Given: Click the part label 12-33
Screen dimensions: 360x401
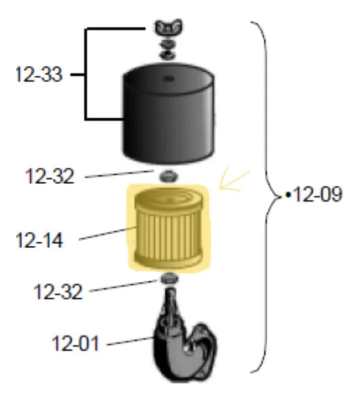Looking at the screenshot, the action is coord(39,74).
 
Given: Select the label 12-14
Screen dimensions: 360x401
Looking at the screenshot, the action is coord(39,240).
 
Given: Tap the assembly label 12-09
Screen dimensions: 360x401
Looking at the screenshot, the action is coord(317,194).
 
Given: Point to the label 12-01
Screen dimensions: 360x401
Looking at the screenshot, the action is coord(76,343).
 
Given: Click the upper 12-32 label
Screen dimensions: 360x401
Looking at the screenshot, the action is coord(50,176).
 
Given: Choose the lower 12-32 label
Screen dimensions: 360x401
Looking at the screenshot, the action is coord(58,291).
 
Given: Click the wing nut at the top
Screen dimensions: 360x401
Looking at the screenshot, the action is coord(169,27).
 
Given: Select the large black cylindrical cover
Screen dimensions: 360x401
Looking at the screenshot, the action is coord(169,113).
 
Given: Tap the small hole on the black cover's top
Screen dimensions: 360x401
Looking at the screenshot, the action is coord(169,78).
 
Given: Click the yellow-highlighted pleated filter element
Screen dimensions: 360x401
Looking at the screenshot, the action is coord(169,227).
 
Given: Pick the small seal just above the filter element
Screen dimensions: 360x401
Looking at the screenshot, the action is coord(169,176).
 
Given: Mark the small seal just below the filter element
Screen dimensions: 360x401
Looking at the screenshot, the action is coord(169,278).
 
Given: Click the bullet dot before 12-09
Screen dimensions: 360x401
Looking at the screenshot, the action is coord(289,195).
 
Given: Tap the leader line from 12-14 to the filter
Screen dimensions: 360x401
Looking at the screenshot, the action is coord(107,234).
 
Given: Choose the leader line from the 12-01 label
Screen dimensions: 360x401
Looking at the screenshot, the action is coord(130,341).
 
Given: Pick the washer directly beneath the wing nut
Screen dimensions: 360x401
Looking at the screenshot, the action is coord(168,44).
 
